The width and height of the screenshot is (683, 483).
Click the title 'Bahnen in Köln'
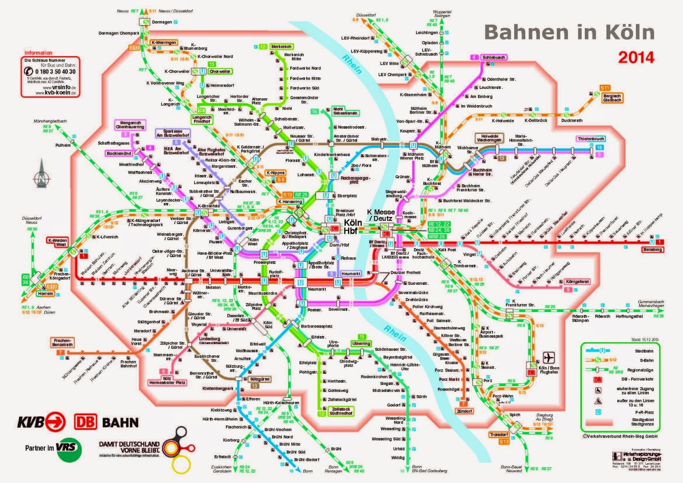click(x=569, y=32)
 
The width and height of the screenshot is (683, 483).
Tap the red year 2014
click(x=636, y=57)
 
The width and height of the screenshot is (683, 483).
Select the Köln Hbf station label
click(x=353, y=227)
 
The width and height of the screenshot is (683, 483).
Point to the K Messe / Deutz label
click(x=381, y=215)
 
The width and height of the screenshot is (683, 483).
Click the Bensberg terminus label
click(x=652, y=250)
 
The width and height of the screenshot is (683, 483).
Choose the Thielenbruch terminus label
click(x=591, y=139)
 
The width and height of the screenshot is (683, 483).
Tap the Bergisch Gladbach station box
click(x=612, y=98)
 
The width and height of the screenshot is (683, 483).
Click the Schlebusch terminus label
click(x=493, y=57)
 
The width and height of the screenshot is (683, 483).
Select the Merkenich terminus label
click(x=281, y=47)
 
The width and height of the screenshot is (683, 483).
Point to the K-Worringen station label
click(x=164, y=43)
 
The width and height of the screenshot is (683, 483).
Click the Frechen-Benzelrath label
click(x=62, y=343)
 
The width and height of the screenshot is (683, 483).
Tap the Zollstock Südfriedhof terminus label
click(x=341, y=411)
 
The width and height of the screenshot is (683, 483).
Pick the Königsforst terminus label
click(x=577, y=282)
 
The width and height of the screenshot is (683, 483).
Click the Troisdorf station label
click(x=499, y=434)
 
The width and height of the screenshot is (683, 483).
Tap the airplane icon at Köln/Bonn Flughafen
click(x=549, y=358)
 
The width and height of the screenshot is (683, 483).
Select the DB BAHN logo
click(x=107, y=422)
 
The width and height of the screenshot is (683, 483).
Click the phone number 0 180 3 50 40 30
click(x=55, y=72)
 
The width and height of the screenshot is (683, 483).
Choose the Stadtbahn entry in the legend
click(x=644, y=351)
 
